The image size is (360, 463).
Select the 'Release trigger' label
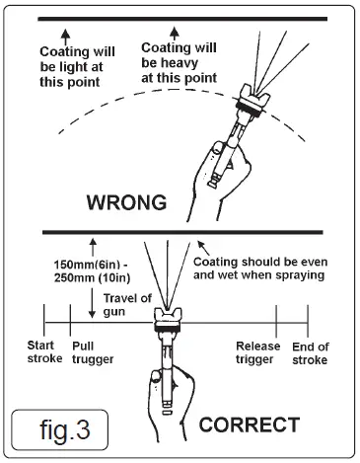click(258, 352)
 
